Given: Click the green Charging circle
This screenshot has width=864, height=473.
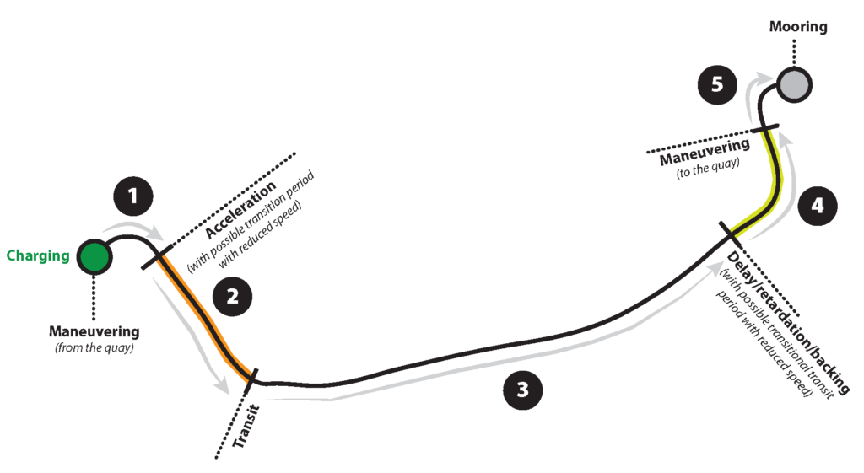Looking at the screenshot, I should tap(93, 256).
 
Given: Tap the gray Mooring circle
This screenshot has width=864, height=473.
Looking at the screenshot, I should tap(793, 84).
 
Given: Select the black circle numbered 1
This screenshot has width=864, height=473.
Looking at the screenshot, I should tap(132, 197).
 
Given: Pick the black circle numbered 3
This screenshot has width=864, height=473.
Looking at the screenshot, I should tap(522, 390).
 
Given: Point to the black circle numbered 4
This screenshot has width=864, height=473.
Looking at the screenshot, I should tap(815, 204).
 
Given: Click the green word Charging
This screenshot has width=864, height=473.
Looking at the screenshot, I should tap(38, 255).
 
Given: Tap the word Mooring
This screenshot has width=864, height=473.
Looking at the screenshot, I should tap(798, 27).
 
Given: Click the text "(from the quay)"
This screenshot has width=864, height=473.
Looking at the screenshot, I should tap(94, 347).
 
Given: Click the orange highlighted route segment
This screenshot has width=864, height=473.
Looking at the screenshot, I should tap(205, 314).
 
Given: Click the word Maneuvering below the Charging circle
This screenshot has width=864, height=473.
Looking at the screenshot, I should tap(94, 331).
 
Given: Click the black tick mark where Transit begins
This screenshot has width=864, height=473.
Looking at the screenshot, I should tap(251, 379).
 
